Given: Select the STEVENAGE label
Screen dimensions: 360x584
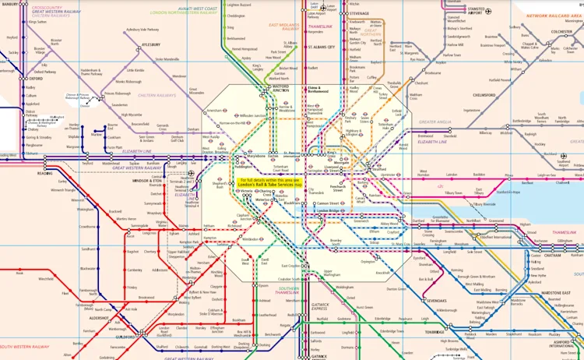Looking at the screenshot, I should pos(359,13).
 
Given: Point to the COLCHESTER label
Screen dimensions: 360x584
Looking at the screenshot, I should pos(561,32).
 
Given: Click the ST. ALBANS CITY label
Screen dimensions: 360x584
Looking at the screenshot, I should pos(321,47).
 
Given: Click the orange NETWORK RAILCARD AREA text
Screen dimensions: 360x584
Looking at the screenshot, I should pos(554,16).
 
